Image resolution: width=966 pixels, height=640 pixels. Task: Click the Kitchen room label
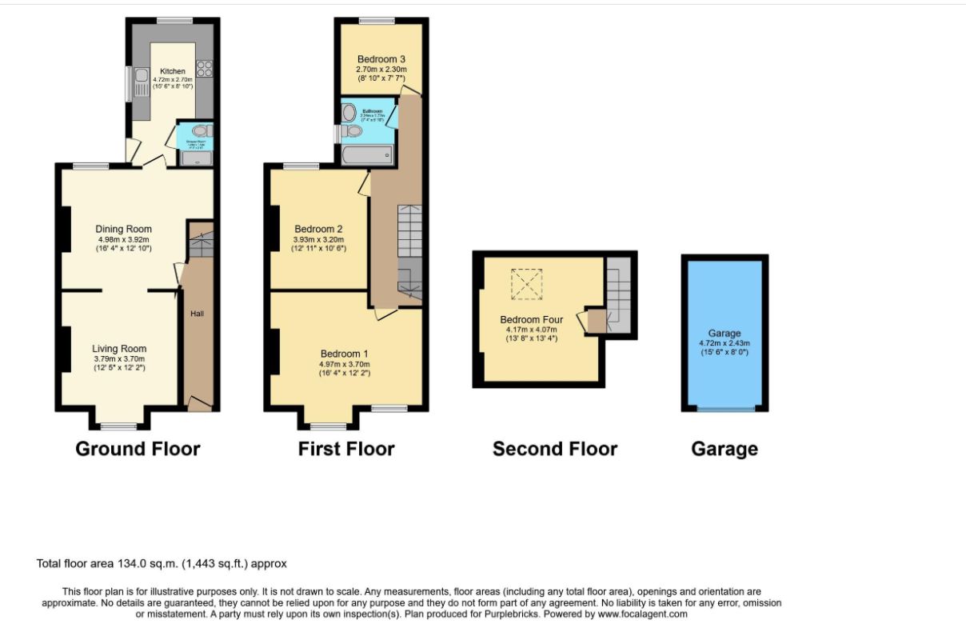[172, 71]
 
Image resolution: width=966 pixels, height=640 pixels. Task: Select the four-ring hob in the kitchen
[203, 69]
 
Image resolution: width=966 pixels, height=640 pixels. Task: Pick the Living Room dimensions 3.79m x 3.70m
[119, 359]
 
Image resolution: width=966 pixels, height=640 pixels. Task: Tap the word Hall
[197, 314]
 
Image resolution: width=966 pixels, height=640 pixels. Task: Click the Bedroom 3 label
[381, 59]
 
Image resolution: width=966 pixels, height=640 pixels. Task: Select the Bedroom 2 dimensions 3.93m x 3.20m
[318, 239]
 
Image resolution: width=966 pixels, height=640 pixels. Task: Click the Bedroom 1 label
[345, 354]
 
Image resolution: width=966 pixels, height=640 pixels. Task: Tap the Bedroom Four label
[531, 319]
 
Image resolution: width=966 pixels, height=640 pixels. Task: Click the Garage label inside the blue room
[724, 334]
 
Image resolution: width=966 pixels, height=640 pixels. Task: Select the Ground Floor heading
[138, 449]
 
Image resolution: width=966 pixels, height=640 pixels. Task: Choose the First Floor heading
[346, 449]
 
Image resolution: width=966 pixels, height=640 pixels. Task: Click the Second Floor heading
[555, 449]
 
